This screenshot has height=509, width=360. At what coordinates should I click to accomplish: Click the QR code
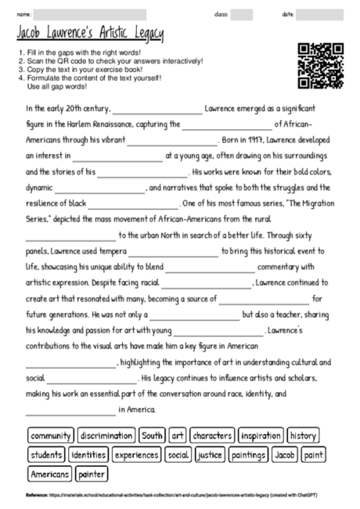321,67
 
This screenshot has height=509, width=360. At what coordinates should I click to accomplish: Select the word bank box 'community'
51,435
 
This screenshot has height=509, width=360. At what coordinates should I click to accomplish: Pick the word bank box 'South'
153,435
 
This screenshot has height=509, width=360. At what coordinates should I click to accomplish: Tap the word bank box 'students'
46,454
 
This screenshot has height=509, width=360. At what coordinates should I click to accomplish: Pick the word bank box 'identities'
88,454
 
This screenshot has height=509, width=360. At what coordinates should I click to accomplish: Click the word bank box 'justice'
209,454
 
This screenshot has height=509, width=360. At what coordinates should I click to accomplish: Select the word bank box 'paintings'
248,454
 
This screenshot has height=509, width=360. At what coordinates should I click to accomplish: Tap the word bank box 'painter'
92,474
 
